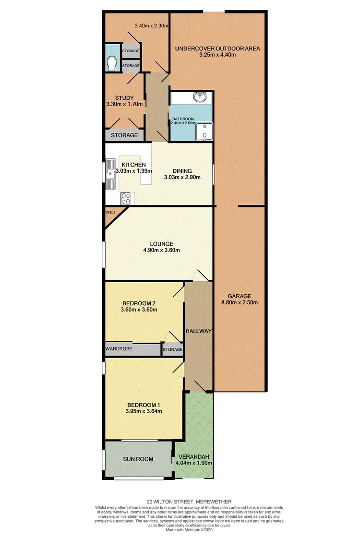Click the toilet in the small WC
pyautogui.click(x=112, y=63)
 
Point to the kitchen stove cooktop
pyautogui.click(x=127, y=198)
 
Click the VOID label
pyautogui.click(x=111, y=211)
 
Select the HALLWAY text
pyautogui.click(x=198, y=331)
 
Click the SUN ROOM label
pyautogui.click(x=138, y=459)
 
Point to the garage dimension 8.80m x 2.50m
pyautogui.click(x=240, y=303)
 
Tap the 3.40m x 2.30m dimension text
pyautogui.click(x=151, y=25)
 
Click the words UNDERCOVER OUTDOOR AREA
pyautogui.click(x=217, y=48)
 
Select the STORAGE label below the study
pyautogui.click(x=124, y=135)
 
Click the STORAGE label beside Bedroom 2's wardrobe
pyautogui.click(x=173, y=350)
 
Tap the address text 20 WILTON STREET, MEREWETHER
pyautogui.click(x=180, y=502)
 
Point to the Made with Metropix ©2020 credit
pyautogui.click(x=180, y=530)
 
